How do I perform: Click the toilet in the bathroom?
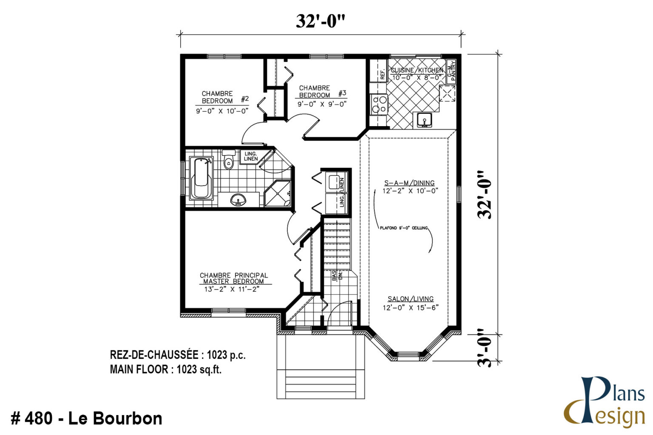coord(229,160)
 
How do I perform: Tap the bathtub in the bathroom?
coord(201,178)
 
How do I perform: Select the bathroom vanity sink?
coord(238,200)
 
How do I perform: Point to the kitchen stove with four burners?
coord(379,104)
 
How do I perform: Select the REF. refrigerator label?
coord(382,75)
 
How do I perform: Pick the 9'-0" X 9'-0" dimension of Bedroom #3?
coord(322,104)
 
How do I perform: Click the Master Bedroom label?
coord(234,278)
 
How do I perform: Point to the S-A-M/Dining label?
coord(409,183)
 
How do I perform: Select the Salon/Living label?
coord(410,299)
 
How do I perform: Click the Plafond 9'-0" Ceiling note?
coord(403,228)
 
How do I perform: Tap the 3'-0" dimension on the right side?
coord(484,347)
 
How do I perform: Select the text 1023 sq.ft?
coord(199,370)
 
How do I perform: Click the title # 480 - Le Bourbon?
coord(86,418)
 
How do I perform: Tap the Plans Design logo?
coord(606,401)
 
